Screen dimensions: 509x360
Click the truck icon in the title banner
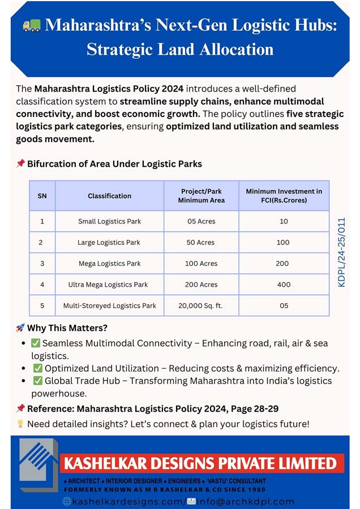click(32, 25)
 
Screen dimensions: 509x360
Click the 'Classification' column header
click(109, 196)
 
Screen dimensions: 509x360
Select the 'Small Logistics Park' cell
click(109, 221)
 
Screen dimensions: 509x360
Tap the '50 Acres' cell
click(201, 242)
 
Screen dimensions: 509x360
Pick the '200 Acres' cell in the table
click(201, 284)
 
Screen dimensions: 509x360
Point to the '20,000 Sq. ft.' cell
click(201, 305)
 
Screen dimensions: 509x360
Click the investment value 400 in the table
click(284, 284)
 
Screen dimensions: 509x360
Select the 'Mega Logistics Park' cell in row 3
click(109, 264)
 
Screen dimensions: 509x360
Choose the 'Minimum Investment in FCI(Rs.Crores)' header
click(284, 196)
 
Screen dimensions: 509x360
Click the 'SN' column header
click(42, 196)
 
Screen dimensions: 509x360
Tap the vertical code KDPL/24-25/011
click(341, 252)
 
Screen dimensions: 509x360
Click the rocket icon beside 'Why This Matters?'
click(20, 327)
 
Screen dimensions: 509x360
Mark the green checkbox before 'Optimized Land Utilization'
click(38, 368)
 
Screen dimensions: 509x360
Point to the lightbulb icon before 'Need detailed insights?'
click(20, 424)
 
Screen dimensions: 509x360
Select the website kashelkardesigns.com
click(128, 501)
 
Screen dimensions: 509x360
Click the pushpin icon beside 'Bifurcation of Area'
click(20, 163)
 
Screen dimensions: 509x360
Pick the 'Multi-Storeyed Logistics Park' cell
click(109, 305)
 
